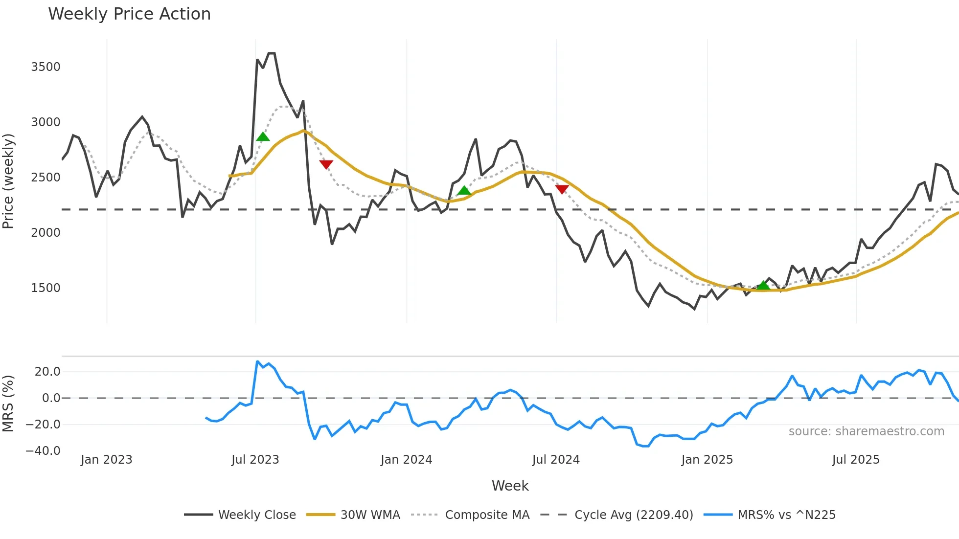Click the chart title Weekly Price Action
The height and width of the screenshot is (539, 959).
pos(129,14)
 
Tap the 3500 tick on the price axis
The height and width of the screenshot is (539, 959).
pos(46,67)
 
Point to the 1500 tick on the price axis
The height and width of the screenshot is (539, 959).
pos(46,288)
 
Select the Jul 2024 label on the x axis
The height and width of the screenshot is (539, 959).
pos(556,460)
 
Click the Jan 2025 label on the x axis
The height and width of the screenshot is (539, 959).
pos(707,460)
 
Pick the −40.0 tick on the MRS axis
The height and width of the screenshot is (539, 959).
pos(43,451)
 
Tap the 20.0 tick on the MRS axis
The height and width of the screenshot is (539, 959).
pos(47,372)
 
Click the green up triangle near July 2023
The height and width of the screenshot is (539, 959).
pos(263,136)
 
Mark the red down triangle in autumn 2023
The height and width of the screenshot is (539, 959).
pos(326,164)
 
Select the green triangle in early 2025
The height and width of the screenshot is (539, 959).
pos(763,285)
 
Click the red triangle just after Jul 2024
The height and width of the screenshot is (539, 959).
pos(562,189)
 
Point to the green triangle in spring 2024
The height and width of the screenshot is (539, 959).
pos(464,190)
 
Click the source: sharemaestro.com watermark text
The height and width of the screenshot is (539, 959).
pos(866,431)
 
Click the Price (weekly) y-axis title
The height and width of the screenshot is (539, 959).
pos(8,181)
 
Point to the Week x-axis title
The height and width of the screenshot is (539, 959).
pos(510,486)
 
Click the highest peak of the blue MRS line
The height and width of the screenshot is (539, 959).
pos(257,361)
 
